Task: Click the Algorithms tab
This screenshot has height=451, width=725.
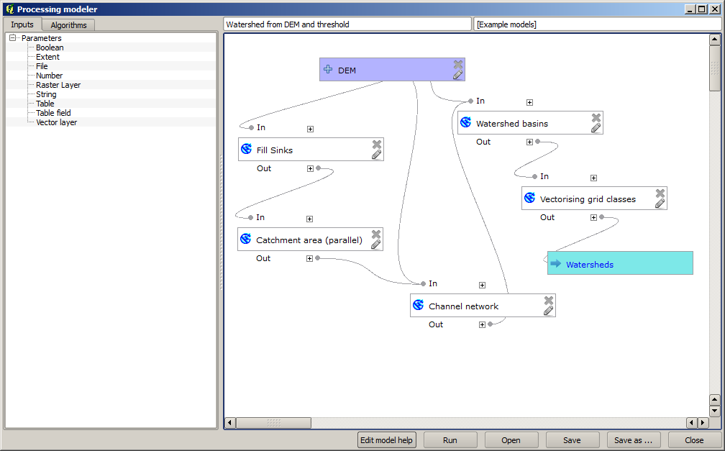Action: coord(68,25)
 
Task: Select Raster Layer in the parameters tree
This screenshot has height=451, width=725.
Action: coord(58,85)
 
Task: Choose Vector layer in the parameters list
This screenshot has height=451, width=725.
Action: coord(56,122)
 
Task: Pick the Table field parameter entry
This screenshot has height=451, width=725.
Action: coord(53,113)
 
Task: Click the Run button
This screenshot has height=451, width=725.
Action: coord(450,440)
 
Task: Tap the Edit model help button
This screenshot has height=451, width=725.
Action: coord(387,440)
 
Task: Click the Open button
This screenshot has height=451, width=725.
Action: coord(511,440)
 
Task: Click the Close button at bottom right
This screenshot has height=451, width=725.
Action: coord(694,440)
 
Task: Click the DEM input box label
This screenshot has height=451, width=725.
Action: coord(347,70)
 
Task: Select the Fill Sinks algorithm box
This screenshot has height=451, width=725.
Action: coord(275,150)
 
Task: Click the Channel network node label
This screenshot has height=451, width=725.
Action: coord(463,306)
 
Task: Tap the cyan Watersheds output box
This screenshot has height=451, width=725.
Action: coord(619,263)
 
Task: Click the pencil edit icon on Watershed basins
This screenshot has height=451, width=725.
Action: coord(596,128)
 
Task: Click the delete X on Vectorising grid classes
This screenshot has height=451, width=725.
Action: coord(660,193)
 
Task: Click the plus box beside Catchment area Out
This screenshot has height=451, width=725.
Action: coord(310,258)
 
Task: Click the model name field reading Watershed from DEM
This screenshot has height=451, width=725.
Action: coord(347,24)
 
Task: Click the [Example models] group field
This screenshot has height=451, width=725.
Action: coord(597,24)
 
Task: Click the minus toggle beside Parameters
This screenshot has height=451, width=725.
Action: coord(13,38)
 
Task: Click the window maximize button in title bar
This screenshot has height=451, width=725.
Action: coord(701,9)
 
